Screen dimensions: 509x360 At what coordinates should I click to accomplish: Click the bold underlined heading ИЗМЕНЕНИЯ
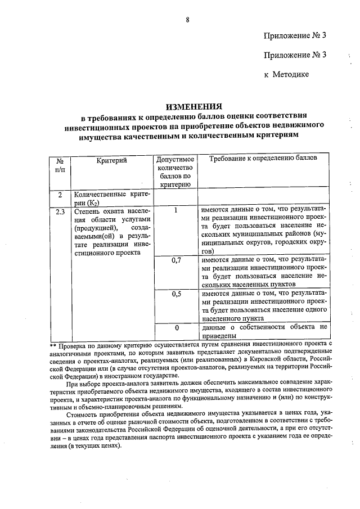(x=193, y=106)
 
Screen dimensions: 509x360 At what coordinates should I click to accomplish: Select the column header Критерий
(x=111, y=160)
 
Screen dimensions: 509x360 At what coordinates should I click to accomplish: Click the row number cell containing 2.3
(x=60, y=212)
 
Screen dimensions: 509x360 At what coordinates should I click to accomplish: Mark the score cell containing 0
(x=176, y=327)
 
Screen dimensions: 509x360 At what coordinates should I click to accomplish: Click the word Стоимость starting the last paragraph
(x=84, y=415)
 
